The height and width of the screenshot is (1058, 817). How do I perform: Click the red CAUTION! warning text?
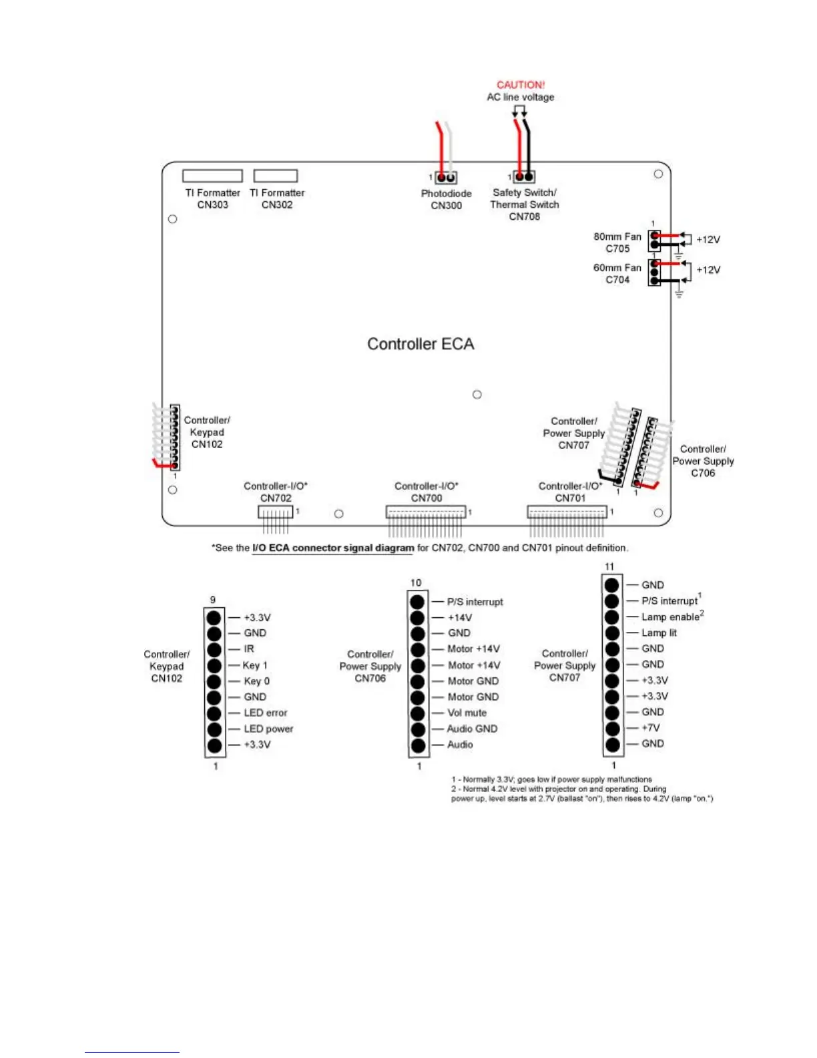(x=521, y=85)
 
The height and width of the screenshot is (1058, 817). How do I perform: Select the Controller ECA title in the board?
(x=421, y=344)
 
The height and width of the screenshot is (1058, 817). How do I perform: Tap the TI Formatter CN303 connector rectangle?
(x=212, y=176)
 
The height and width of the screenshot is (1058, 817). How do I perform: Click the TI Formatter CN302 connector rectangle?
(x=276, y=176)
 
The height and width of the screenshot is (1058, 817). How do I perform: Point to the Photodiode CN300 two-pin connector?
(x=446, y=178)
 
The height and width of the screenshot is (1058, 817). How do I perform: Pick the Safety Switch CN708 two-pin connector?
(x=524, y=177)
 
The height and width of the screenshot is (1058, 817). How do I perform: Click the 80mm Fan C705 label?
(x=617, y=242)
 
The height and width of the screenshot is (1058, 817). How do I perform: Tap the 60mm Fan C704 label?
(x=617, y=274)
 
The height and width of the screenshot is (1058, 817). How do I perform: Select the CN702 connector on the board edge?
(x=276, y=512)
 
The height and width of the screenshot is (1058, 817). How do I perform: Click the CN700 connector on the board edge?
(x=426, y=512)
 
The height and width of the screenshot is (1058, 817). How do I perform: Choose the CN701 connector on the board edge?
(x=567, y=512)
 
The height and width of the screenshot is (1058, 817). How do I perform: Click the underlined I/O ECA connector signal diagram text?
(x=333, y=548)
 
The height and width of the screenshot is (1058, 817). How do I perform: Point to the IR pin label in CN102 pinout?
(x=249, y=649)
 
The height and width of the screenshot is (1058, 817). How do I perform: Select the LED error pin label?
(x=266, y=713)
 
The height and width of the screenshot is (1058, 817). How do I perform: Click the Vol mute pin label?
(x=467, y=713)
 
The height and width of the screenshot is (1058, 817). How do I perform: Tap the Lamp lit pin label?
(x=659, y=633)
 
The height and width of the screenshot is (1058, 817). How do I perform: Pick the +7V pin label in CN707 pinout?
(x=651, y=728)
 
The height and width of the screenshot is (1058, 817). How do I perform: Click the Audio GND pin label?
(x=472, y=729)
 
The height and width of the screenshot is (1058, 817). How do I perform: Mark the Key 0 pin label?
(x=257, y=681)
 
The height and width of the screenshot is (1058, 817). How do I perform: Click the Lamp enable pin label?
(x=671, y=617)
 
